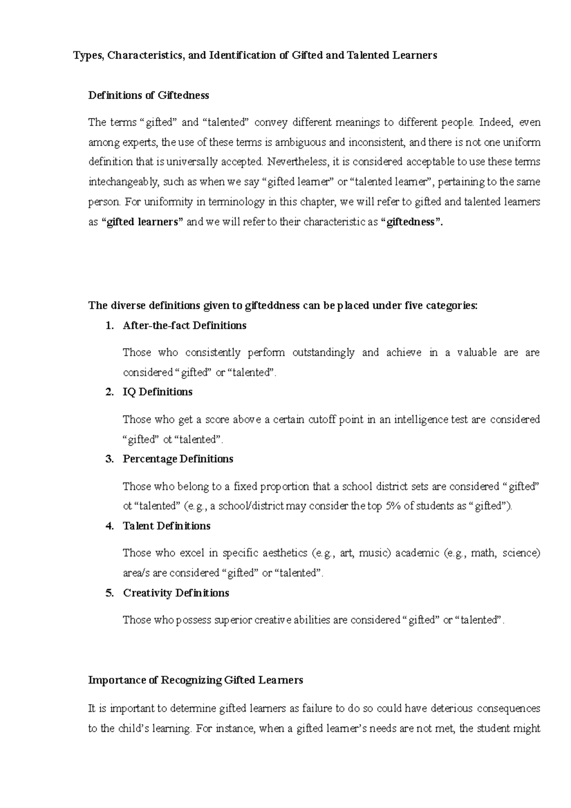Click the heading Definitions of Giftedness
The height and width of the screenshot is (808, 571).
pos(148,95)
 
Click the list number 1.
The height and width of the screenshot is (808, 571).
pos(109,325)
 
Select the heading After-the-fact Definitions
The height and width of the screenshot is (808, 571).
pos(185,325)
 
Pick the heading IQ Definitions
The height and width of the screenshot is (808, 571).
pos(158,392)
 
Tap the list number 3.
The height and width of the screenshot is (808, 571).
pos(109,459)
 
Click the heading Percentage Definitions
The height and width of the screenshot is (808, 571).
pos(178,459)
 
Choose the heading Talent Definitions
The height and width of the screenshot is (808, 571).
pos(167,526)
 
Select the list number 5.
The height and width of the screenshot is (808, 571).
pos(109,593)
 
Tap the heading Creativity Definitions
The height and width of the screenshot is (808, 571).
pos(176,593)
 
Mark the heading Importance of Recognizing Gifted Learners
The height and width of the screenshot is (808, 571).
pos(196,680)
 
